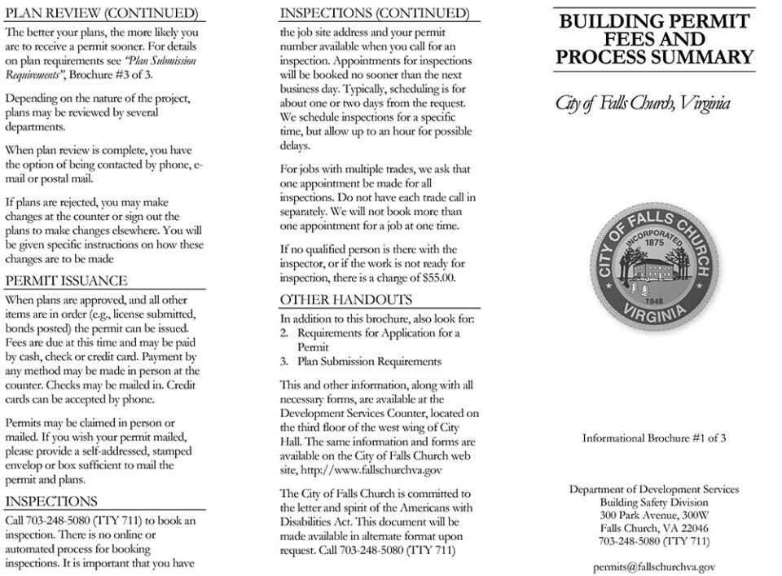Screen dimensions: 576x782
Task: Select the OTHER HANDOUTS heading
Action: click(345, 300)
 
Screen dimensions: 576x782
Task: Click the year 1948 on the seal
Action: click(654, 298)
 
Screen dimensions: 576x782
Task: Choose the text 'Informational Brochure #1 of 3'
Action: click(654, 437)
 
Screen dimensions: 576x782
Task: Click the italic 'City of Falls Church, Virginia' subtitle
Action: click(643, 103)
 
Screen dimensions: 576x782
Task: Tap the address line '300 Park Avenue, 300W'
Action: click(654, 516)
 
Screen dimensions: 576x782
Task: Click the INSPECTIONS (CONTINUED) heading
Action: click(374, 14)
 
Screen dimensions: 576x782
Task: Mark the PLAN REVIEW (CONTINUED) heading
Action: click(101, 14)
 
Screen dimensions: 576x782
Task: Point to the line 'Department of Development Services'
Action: click(654, 490)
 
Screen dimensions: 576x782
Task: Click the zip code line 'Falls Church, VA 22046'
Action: click(654, 528)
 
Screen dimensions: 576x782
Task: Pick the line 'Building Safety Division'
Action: click(654, 503)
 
